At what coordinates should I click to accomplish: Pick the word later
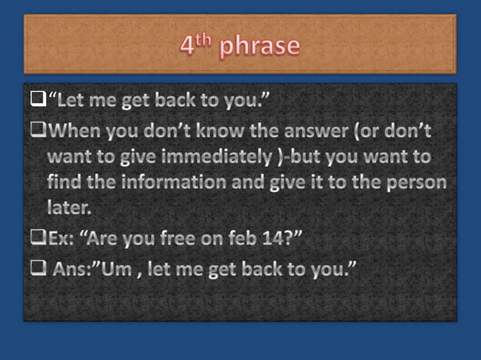69,207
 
